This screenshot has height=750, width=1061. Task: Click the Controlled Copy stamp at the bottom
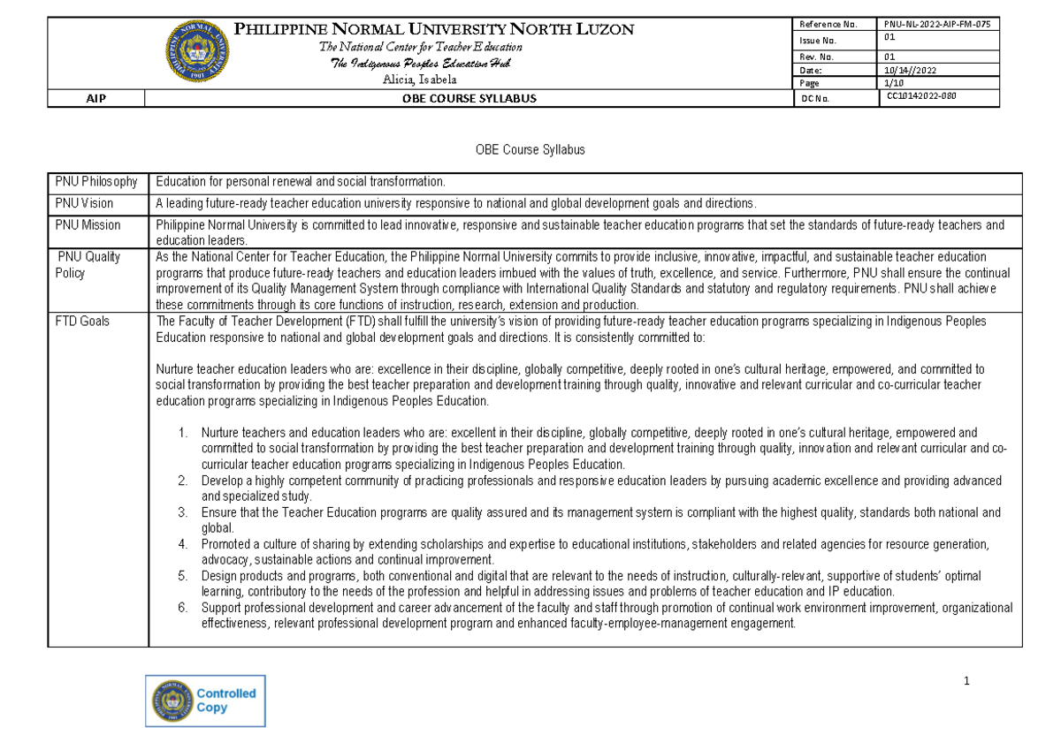click(205, 701)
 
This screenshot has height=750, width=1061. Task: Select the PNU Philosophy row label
click(96, 182)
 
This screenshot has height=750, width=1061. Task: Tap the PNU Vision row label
click(84, 203)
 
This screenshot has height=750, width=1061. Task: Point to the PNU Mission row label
click(88, 225)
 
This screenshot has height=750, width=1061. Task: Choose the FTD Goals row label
click(82, 322)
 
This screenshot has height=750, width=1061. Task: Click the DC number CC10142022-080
click(924, 98)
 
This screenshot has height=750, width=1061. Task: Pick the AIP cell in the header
click(95, 99)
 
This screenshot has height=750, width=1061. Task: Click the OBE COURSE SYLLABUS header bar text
click(469, 99)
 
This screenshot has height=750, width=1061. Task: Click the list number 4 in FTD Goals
click(183, 544)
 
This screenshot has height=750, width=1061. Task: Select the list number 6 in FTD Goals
click(183, 608)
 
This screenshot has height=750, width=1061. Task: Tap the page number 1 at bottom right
click(967, 681)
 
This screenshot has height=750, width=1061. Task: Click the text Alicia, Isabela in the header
click(420, 80)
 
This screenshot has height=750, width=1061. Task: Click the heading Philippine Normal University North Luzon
click(433, 29)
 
